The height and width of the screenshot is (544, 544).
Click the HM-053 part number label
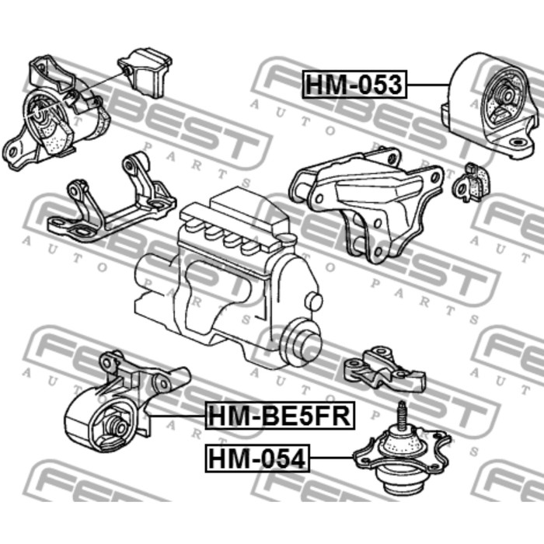354,84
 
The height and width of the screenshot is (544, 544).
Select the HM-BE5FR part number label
280,415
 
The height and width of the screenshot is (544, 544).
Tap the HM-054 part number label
257,459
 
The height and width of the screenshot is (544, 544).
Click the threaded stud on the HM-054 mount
402,415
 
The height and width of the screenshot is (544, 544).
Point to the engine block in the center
227,274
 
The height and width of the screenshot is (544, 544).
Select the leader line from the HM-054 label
331,458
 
